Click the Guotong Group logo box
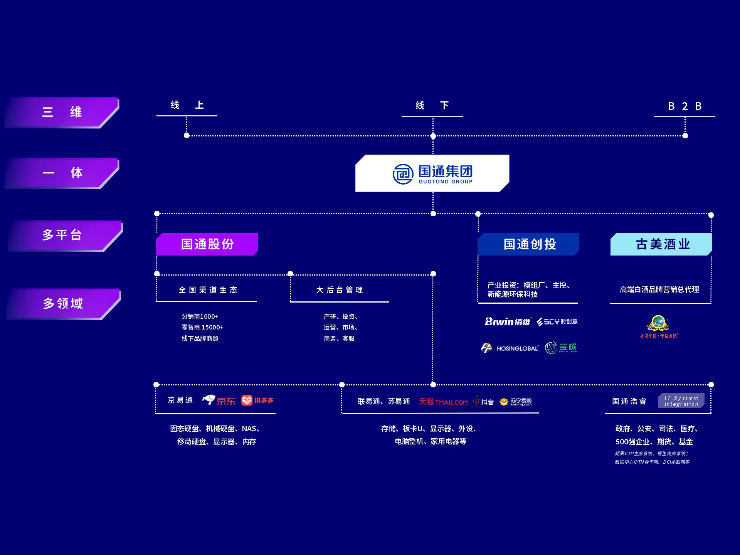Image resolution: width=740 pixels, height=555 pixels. (432, 173)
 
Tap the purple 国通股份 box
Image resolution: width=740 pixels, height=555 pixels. (207, 244)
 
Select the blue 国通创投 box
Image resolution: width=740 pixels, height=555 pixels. (528, 244)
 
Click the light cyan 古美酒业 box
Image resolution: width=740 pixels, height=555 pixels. (661, 244)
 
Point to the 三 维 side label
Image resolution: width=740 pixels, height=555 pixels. (62, 112)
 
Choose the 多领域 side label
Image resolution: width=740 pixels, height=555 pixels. (63, 304)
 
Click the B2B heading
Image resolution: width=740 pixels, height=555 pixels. (684, 106)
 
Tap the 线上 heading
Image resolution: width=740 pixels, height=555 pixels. (187, 105)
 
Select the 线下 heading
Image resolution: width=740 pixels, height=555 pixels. (432, 106)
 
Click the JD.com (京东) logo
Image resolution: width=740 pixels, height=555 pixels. (219, 400)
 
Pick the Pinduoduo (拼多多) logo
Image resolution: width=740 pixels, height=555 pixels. (257, 400)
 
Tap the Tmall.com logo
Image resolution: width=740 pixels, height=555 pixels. (443, 402)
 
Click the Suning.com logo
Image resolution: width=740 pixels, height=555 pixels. (516, 402)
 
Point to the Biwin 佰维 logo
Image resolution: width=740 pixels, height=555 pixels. (508, 321)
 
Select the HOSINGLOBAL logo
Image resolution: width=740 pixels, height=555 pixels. (510, 348)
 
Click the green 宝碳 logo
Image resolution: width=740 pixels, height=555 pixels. (561, 348)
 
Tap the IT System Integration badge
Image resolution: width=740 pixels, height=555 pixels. (681, 401)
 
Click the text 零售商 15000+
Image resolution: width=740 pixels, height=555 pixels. (202, 327)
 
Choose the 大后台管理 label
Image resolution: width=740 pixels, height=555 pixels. (340, 290)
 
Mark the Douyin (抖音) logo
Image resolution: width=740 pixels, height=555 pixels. (483, 402)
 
